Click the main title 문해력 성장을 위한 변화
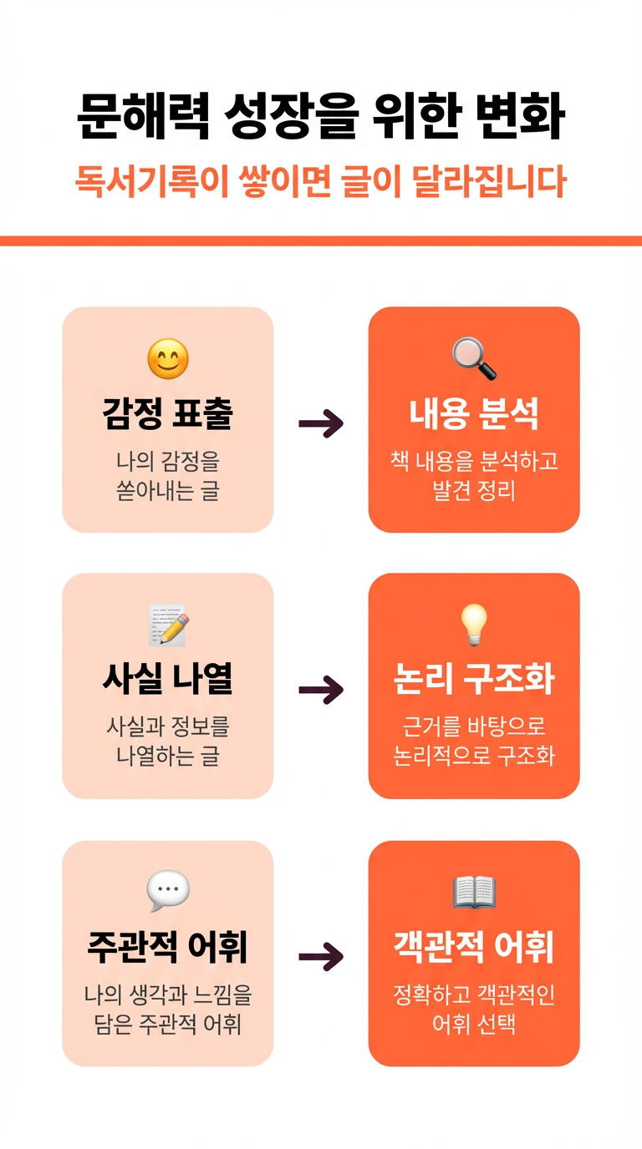tap(321, 118)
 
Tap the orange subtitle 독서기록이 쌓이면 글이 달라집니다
tap(321, 182)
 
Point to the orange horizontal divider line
tap(321, 241)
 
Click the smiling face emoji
tap(168, 360)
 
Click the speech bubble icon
tap(168, 891)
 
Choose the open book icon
tap(474, 892)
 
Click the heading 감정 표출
tap(168, 414)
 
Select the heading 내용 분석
tap(474, 414)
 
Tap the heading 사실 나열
tap(168, 680)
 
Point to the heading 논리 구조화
tap(474, 680)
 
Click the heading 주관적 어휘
tap(168, 947)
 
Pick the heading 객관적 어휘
tap(474, 947)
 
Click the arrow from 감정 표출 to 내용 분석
tap(321, 424)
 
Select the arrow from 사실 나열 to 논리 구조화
tap(321, 690)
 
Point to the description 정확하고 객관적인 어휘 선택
tap(474, 1010)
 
